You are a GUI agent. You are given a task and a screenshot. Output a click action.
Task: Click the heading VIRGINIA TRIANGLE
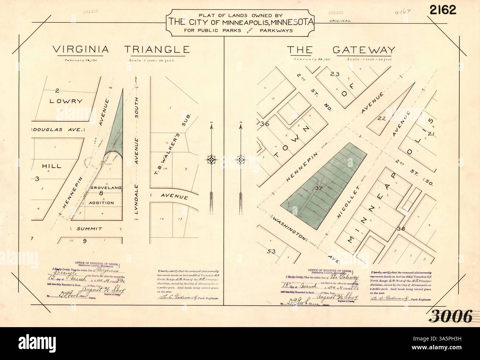click(121, 49)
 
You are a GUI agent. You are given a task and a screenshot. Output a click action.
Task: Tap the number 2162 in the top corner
click(442, 10)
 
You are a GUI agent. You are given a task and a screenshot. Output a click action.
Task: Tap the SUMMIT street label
click(89, 229)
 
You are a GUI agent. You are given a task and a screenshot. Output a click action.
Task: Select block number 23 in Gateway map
click(335, 74)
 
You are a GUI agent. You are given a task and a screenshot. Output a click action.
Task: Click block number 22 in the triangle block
click(382, 119)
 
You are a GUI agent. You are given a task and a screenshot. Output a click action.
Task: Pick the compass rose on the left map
click(211, 160)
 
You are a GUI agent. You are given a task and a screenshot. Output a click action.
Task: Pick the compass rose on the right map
click(241, 160)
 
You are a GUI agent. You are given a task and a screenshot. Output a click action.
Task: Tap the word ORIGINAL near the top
click(340, 21)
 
